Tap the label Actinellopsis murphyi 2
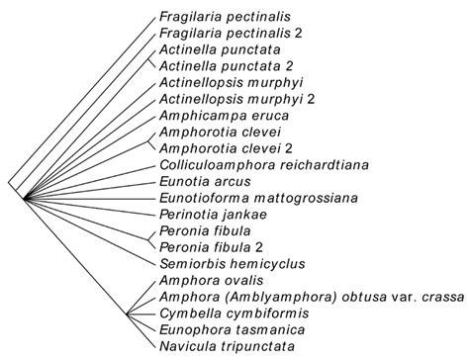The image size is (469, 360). pyautogui.click(x=230, y=99)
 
